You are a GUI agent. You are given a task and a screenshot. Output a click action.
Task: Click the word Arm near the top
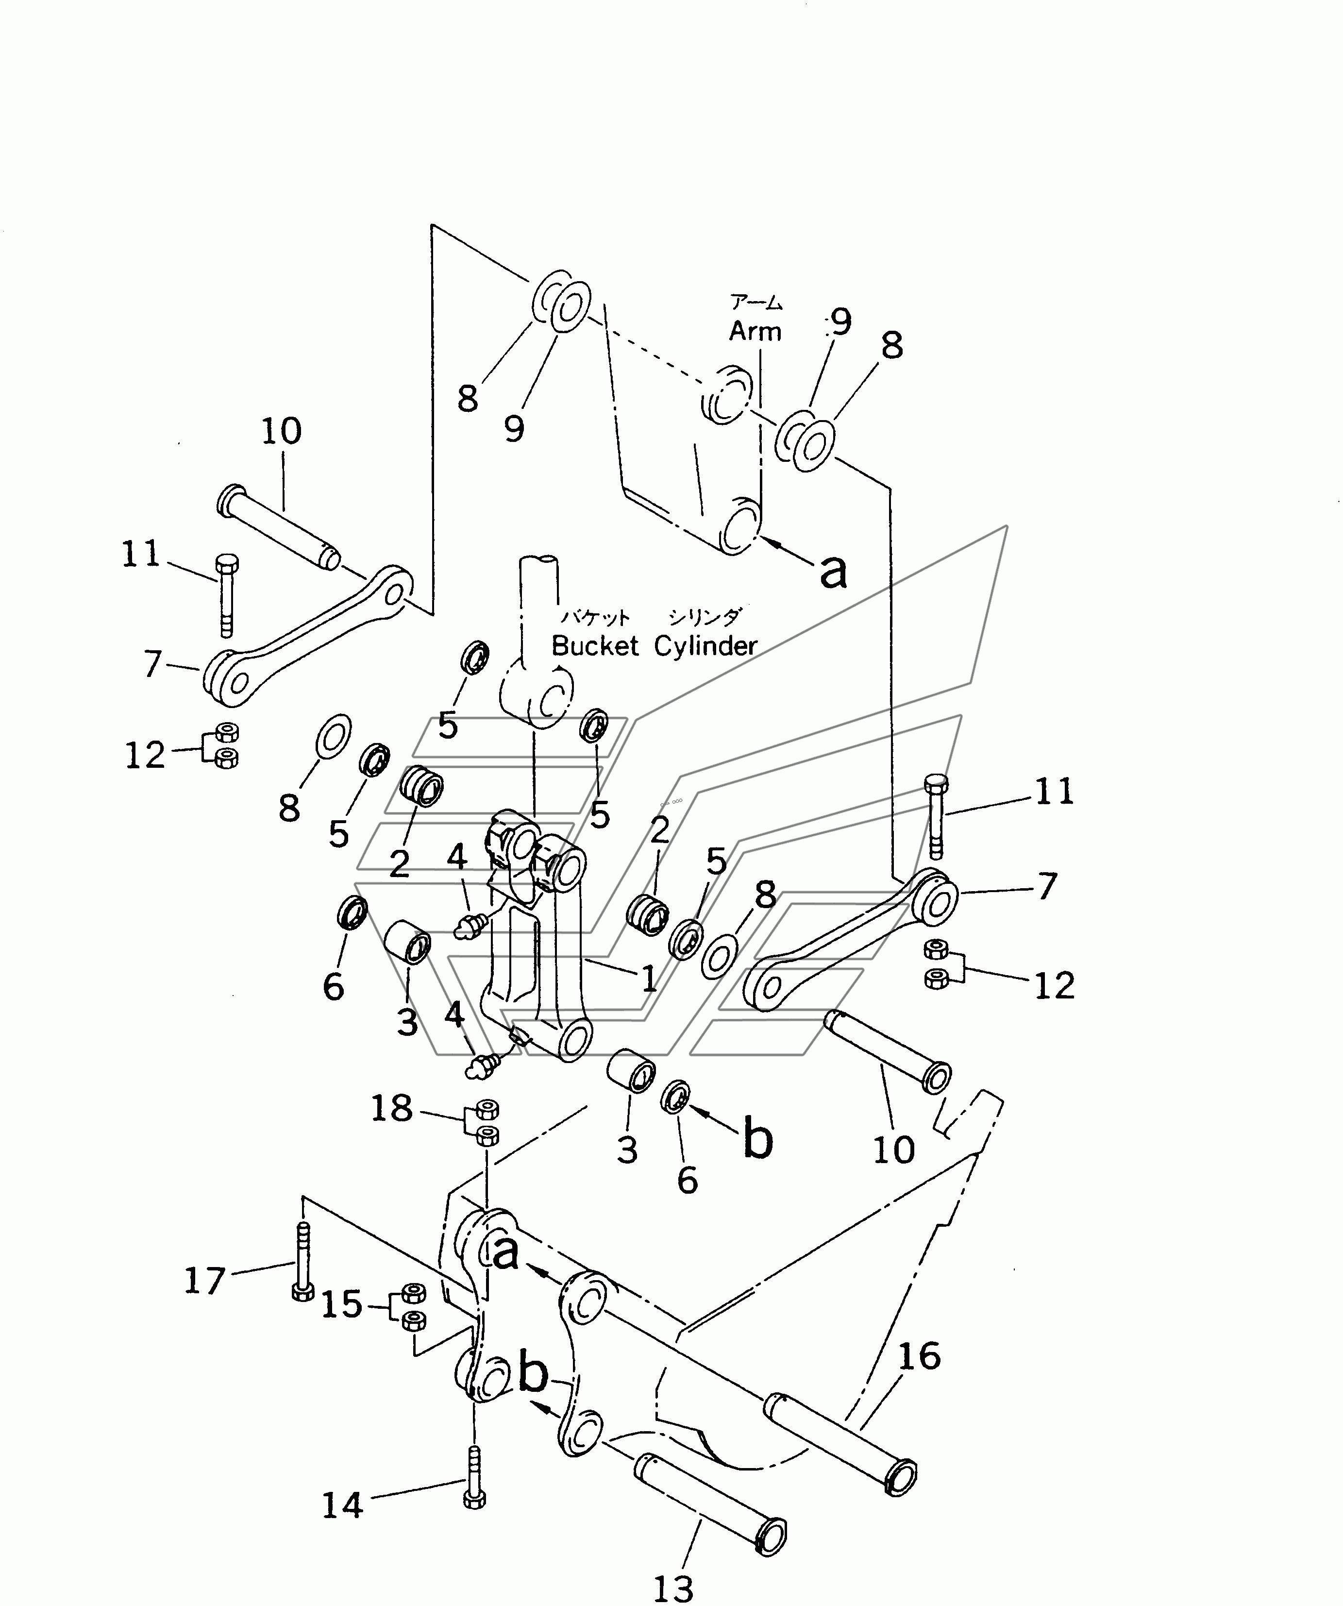(x=755, y=331)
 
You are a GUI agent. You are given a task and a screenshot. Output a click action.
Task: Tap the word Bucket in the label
(x=595, y=646)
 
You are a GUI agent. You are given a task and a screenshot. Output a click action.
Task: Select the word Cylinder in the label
(x=705, y=647)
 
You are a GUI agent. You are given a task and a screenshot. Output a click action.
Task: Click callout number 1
(x=649, y=978)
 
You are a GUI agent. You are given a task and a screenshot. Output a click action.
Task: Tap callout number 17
(x=205, y=1280)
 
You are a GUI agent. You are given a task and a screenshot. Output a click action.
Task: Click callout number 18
(x=391, y=1108)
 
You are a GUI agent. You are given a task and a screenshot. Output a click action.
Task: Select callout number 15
(x=341, y=1305)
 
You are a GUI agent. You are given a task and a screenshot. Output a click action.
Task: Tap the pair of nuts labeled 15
(x=414, y=1307)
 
